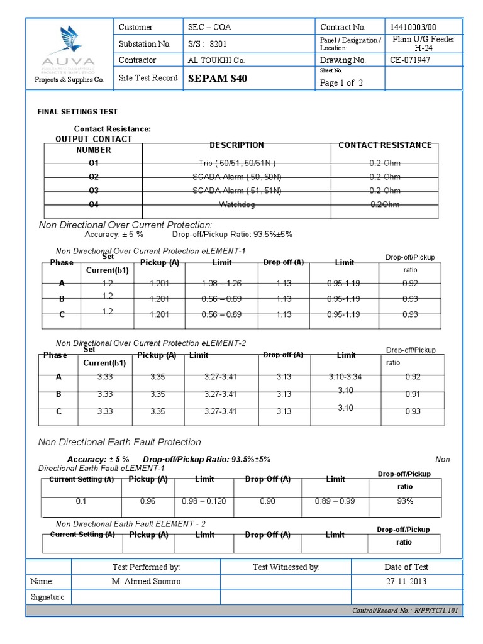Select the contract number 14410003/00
[413, 28]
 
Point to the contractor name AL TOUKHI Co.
[216, 60]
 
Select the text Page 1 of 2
[341, 83]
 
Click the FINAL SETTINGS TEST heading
[77, 112]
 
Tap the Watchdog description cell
[236, 204]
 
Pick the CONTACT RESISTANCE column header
[385, 145]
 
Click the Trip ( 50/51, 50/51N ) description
[236, 163]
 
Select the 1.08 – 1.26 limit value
[221, 284]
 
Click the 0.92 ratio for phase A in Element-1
[410, 284]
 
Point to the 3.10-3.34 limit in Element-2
[345, 377]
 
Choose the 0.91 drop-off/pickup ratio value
[413, 394]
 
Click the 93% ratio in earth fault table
[404, 501]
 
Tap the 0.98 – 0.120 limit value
[204, 501]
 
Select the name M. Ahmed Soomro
[146, 581]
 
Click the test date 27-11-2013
[406, 581]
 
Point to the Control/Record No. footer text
[406, 611]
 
